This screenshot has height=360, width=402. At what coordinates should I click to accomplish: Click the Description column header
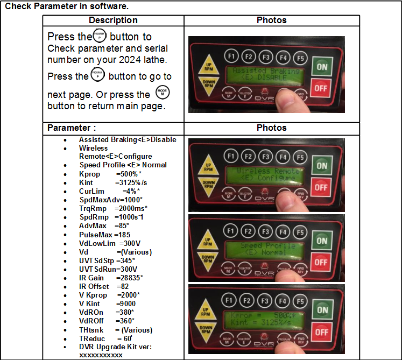tap(113, 20)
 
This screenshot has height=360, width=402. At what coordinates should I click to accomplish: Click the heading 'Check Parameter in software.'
tap(67, 7)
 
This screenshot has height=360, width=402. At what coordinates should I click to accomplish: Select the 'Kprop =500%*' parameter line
tap(110, 174)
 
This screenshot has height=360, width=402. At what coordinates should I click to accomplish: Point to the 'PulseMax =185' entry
tap(104, 235)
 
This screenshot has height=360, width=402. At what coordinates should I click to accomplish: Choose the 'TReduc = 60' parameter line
tap(105, 338)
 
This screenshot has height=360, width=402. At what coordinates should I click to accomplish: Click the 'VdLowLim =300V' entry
tap(108, 243)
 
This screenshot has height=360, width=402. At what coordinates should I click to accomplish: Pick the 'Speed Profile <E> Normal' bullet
tap(123, 165)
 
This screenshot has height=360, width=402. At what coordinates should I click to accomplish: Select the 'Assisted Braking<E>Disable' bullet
tap(128, 140)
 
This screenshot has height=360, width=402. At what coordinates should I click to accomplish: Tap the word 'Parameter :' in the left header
tap(72, 128)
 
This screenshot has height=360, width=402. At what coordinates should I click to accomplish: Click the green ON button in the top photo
tap(322, 67)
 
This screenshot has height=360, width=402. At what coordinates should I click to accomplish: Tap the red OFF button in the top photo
tap(322, 88)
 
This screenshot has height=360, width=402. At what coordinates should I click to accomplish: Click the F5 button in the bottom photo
tap(300, 298)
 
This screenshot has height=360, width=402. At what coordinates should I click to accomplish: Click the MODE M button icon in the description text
tap(162, 92)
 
